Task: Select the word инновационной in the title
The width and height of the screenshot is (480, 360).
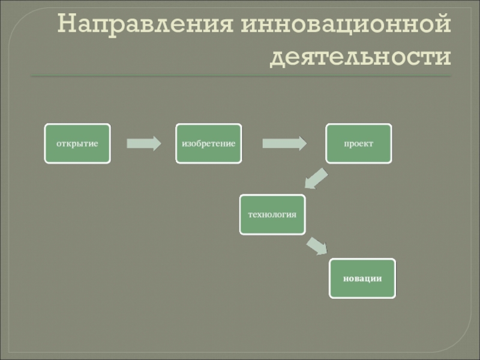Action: [x=346, y=26]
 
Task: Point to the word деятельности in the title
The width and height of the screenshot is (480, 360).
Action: [x=361, y=57]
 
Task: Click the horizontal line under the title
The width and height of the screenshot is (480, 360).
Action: [x=240, y=76]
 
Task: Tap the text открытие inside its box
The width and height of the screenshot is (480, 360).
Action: [x=77, y=144]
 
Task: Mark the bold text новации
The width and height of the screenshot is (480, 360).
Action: [x=362, y=278]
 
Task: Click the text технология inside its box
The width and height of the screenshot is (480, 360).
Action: [x=272, y=214]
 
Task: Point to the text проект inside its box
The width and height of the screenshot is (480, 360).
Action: [x=358, y=144]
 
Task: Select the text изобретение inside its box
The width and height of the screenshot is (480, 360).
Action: [x=208, y=144]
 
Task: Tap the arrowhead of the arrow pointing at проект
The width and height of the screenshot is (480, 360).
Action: [x=300, y=143]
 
